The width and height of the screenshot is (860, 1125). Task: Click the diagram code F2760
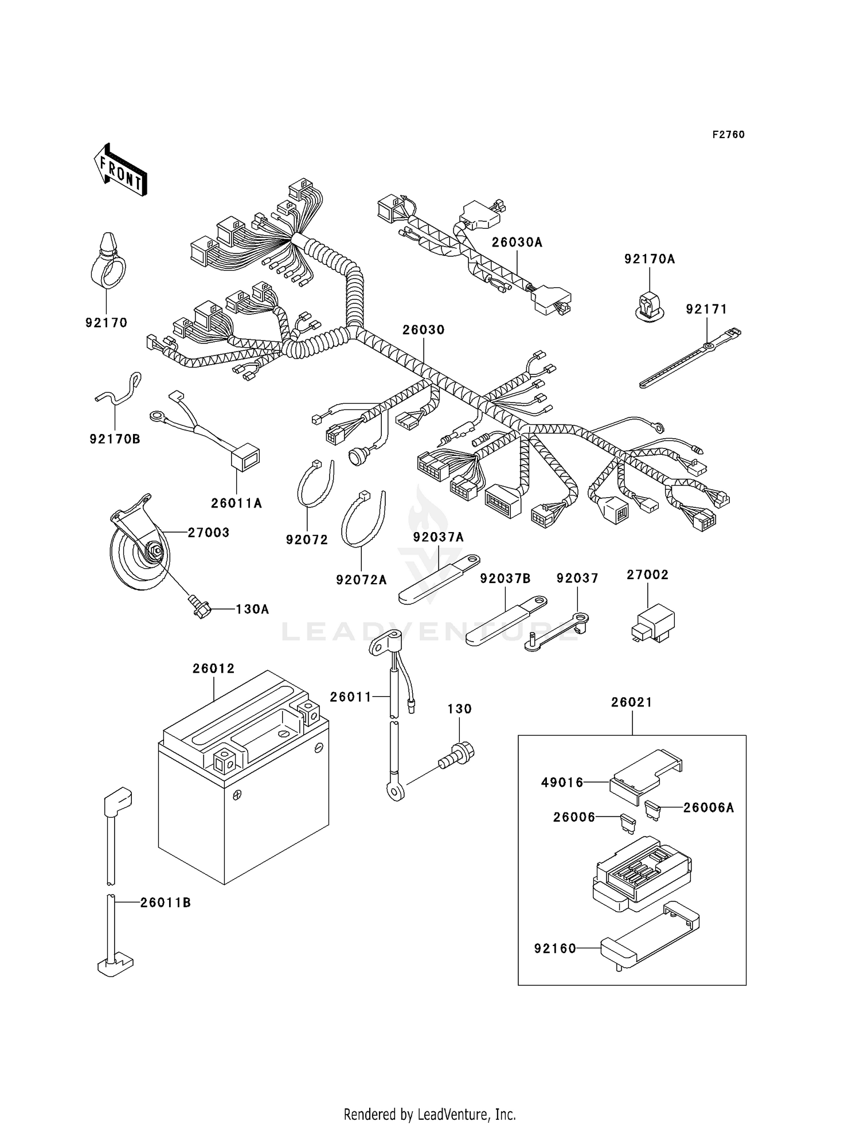[728, 135]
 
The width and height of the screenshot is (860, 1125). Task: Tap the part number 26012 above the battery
[213, 669]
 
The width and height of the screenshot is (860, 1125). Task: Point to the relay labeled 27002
[652, 623]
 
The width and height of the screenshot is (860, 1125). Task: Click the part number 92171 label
[706, 310]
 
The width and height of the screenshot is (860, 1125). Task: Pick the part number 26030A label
[517, 243]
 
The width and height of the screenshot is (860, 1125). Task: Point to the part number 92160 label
[555, 949]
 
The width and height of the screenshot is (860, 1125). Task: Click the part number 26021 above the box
[631, 702]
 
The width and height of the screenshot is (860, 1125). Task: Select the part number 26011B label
[165, 903]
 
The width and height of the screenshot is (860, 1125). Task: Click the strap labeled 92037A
[439, 579]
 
